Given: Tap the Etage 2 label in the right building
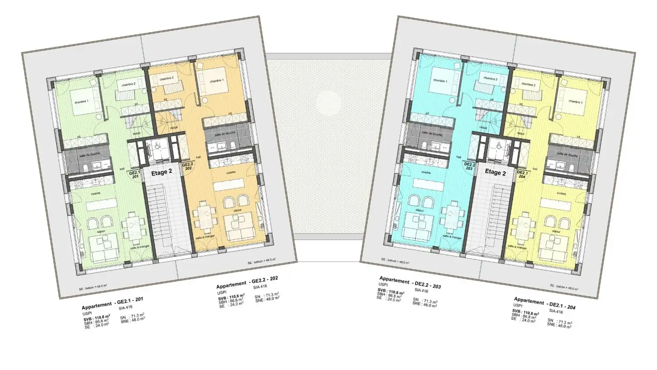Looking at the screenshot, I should [495, 173].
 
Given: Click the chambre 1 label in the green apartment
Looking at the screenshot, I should [81, 101].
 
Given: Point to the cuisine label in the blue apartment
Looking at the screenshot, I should [427, 173].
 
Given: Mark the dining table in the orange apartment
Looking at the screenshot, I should [203, 217].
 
